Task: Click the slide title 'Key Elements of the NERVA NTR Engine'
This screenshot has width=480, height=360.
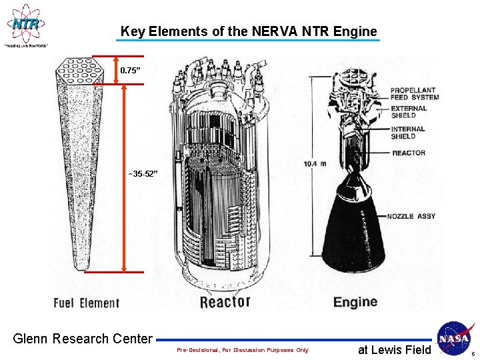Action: click(x=249, y=31)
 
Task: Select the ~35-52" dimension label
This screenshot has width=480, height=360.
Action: click(x=143, y=174)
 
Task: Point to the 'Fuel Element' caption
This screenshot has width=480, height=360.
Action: click(x=87, y=303)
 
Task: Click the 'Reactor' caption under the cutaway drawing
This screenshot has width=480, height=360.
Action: click(x=225, y=302)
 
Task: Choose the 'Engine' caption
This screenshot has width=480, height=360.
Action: click(x=355, y=302)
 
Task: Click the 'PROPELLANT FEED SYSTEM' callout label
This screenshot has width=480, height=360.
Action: click(x=414, y=94)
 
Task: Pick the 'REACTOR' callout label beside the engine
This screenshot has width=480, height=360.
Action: click(x=408, y=153)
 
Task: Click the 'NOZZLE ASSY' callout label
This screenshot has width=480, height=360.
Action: click(x=412, y=216)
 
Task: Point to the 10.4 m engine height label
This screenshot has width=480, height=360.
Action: click(x=314, y=163)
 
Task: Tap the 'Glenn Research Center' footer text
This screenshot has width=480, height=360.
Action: click(x=83, y=339)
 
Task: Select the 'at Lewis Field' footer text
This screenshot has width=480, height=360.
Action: click(x=395, y=349)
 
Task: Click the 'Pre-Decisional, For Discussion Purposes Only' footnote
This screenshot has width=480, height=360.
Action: click(x=243, y=350)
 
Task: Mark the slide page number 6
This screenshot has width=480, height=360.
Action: click(x=472, y=353)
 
